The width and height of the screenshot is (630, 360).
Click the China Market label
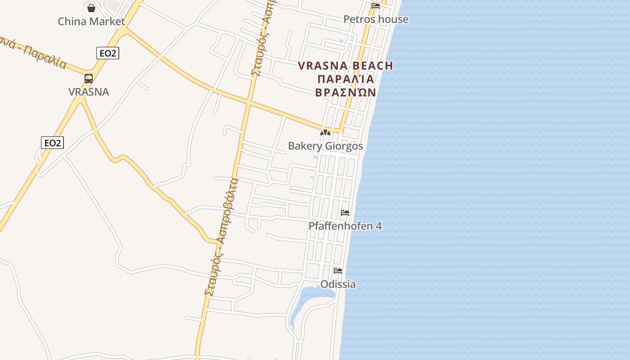(x=91, y=21)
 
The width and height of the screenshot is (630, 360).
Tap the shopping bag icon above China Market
(x=91, y=8)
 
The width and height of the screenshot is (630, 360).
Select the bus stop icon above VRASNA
(x=89, y=79)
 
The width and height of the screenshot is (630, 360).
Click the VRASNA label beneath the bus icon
(x=89, y=92)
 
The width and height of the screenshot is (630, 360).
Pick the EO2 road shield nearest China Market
(x=108, y=53)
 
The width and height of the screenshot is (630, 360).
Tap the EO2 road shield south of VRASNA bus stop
(x=52, y=143)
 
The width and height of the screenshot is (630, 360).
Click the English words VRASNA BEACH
(x=346, y=66)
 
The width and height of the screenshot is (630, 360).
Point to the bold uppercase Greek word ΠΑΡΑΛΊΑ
(x=346, y=79)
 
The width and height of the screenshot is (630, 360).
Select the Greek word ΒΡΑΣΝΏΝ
(x=346, y=92)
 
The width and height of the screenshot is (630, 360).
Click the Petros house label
(x=376, y=19)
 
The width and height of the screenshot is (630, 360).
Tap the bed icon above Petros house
(x=376, y=6)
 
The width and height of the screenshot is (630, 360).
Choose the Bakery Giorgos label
(x=325, y=146)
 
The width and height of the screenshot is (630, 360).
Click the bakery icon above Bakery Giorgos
(x=325, y=133)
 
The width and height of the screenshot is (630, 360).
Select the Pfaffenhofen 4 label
(x=345, y=226)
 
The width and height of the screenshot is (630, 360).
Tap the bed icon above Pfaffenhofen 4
(x=345, y=213)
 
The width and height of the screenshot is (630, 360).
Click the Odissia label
(x=338, y=284)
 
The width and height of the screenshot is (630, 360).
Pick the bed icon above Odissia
(x=338, y=271)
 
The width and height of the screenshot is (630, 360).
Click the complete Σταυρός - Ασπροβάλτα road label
(x=221, y=236)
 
